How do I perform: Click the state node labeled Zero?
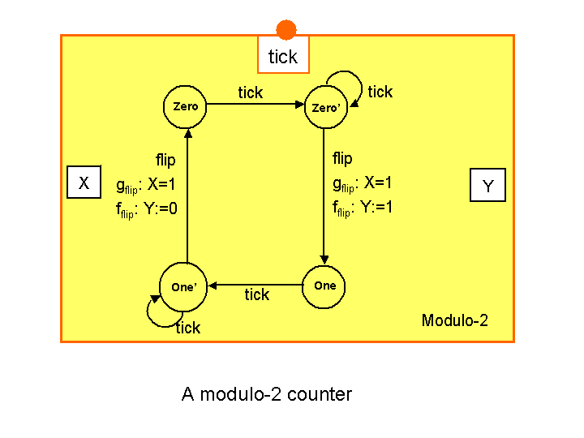186,106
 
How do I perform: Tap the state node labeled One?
324,286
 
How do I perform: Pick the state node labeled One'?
184,286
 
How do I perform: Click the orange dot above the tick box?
286,30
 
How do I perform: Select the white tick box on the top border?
283,56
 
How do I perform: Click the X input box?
84,183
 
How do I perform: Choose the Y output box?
487,187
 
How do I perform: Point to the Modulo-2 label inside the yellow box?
454,320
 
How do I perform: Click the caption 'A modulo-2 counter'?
267,395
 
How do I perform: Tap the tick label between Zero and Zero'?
251,93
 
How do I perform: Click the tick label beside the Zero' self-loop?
380,92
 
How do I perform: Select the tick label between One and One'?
257,295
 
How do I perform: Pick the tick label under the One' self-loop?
188,328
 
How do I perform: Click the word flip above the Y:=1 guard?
342,158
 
